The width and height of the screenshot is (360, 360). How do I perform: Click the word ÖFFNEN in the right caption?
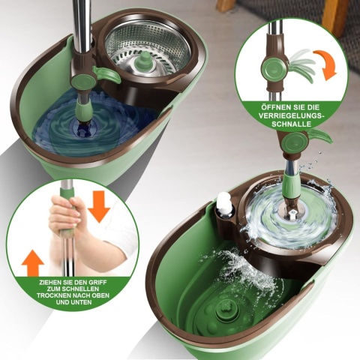pyautogui.click(x=274, y=107)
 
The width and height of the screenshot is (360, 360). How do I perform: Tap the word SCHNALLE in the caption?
pyautogui.click(x=292, y=124)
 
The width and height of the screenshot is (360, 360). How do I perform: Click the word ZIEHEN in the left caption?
pyautogui.click(x=49, y=283)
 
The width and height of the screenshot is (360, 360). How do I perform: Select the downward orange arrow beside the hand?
pyautogui.click(x=99, y=206)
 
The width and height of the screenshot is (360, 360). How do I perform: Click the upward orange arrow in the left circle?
pyautogui.click(x=33, y=263)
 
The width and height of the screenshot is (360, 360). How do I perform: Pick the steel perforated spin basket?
pyautogui.click(x=148, y=51)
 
